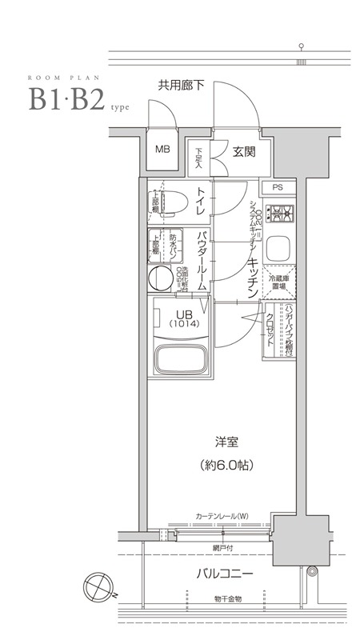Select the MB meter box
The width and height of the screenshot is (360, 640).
pyautogui.click(x=162, y=150)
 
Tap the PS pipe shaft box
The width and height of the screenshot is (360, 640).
pyautogui.click(x=278, y=188)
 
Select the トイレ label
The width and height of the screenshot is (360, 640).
pyautogui.click(x=202, y=200)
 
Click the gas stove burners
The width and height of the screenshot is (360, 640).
pyautogui.click(x=280, y=214)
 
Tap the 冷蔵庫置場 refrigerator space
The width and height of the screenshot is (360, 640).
pyautogui.click(x=279, y=282)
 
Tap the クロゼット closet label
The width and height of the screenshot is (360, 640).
pyautogui.click(x=271, y=328)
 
